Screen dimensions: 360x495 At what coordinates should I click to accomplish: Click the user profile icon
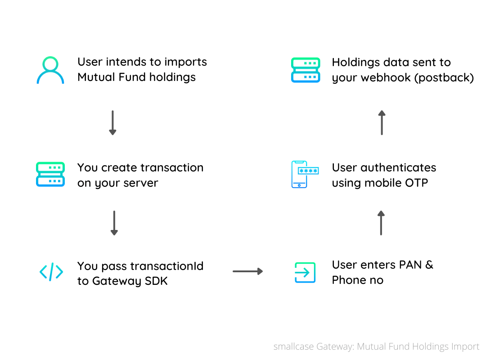(x=50, y=70)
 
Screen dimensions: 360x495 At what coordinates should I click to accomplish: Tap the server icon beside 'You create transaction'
(x=50, y=175)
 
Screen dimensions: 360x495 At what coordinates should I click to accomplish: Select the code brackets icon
(x=51, y=272)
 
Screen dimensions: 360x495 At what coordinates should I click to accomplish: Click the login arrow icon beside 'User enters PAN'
(x=305, y=272)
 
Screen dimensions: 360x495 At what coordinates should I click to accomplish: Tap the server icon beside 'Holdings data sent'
(x=305, y=70)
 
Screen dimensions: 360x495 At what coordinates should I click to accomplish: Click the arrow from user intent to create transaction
(x=112, y=123)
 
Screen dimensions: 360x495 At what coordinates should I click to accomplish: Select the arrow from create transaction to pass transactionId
(x=114, y=223)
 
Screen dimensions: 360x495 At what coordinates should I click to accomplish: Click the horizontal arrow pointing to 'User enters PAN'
(x=247, y=271)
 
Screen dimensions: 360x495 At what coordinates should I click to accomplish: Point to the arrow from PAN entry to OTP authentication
(x=381, y=223)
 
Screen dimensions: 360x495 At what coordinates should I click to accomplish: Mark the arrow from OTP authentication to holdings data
(x=382, y=122)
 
